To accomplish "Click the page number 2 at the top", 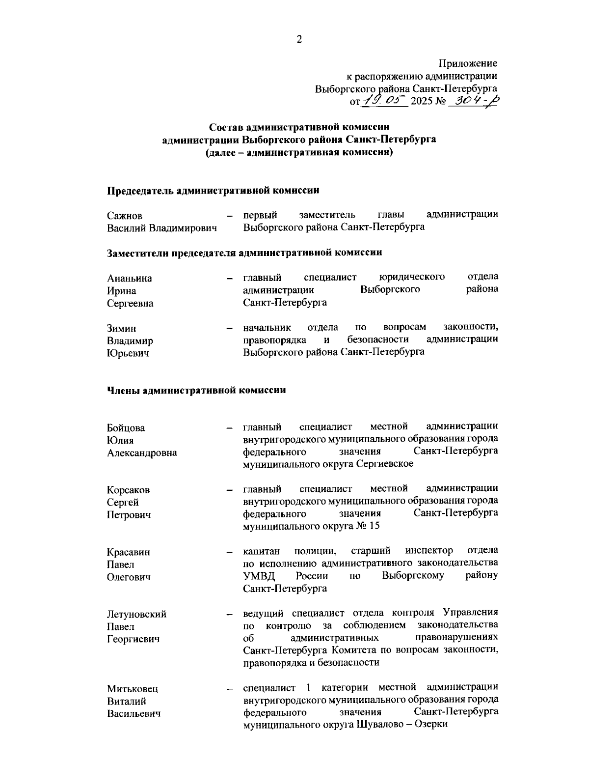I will (299, 40).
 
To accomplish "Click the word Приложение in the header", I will (468, 64).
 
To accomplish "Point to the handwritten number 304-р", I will (475, 101).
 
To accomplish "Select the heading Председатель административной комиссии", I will (214, 190).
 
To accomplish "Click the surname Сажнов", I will (125, 216).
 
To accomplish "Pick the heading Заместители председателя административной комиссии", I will (244, 253).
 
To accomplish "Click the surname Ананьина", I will (130, 278).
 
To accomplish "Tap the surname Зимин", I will (122, 328).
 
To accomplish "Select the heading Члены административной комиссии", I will (196, 391).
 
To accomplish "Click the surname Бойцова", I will (126, 428).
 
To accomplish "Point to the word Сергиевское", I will (384, 464).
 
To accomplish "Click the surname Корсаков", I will (129, 490).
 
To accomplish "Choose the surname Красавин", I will (129, 552).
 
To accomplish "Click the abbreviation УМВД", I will (259, 576).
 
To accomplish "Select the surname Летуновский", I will (137, 614).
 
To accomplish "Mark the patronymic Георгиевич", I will (134, 639).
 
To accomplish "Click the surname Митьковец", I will (133, 689).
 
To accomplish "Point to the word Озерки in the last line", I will (432, 725).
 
